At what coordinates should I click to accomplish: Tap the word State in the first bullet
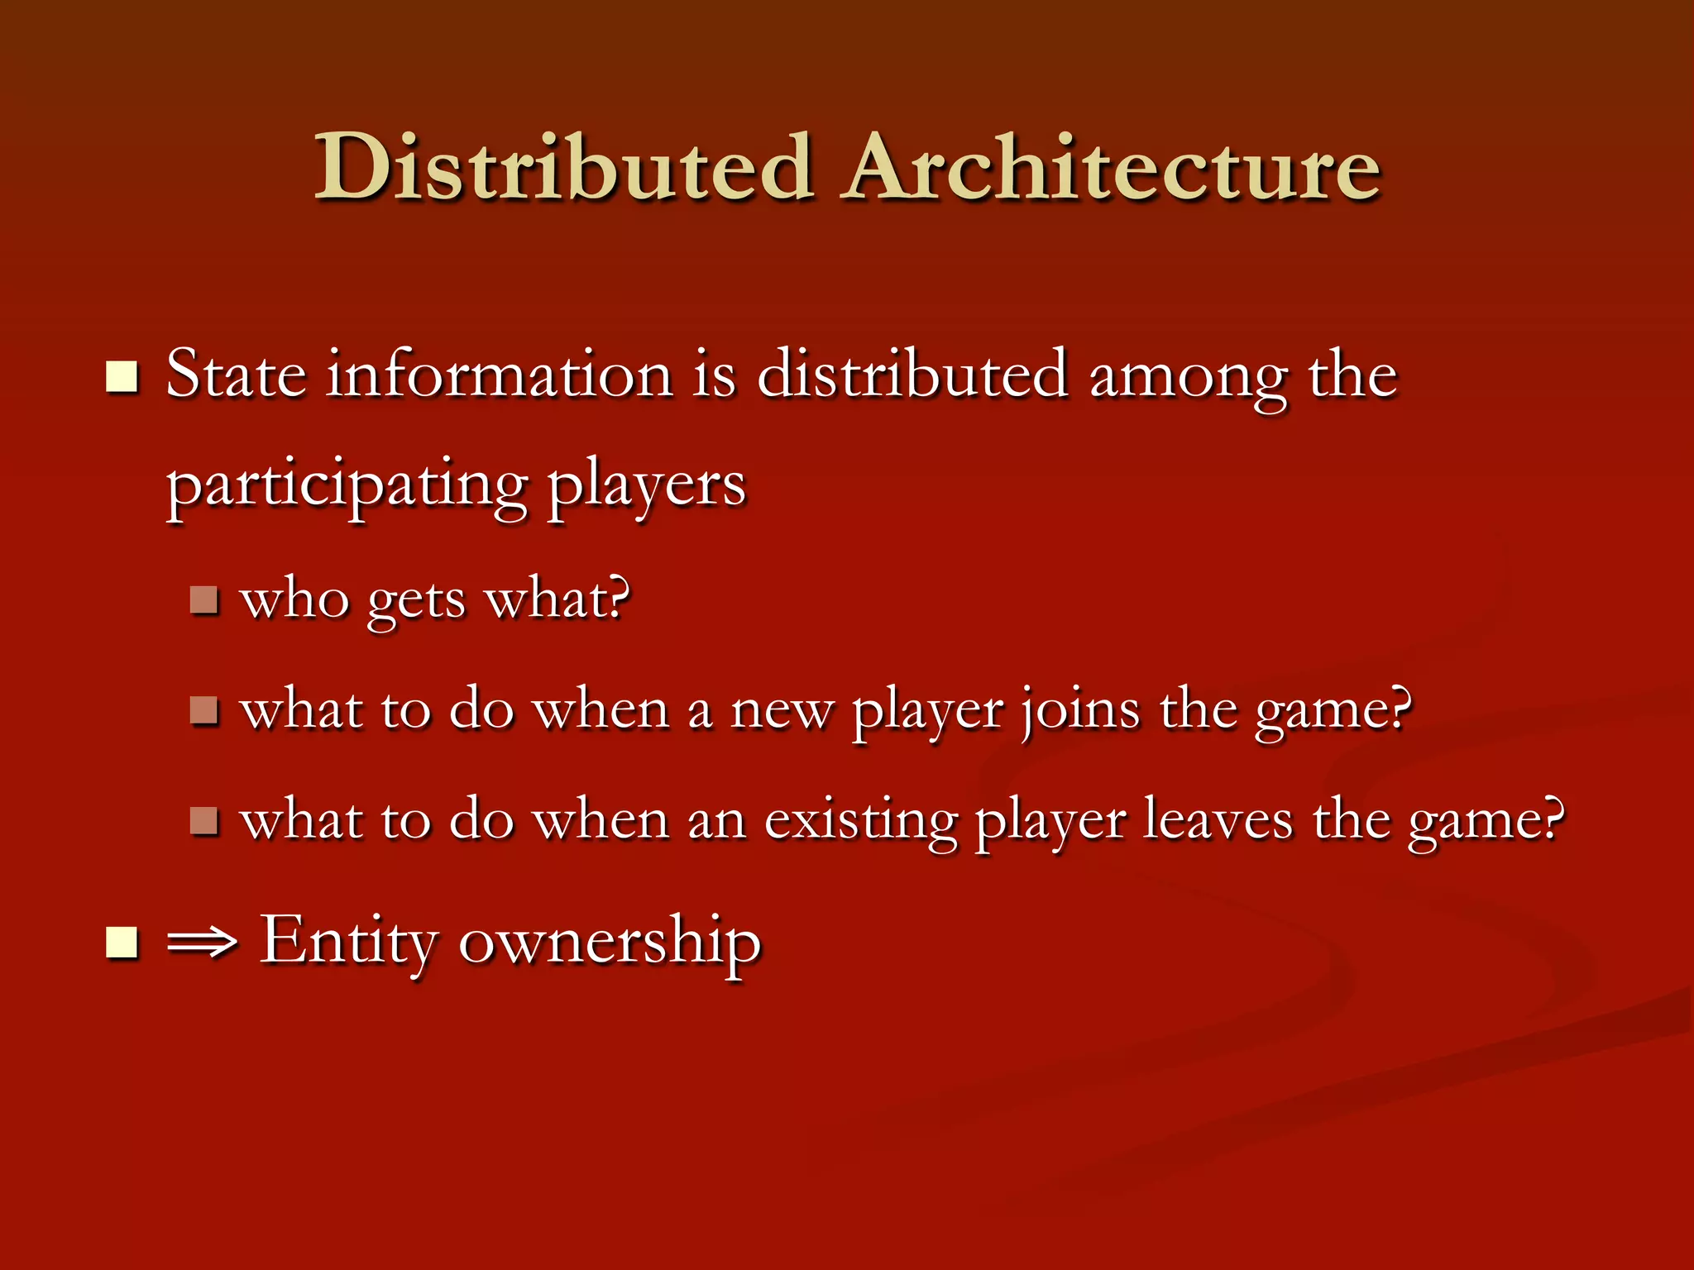[236, 375]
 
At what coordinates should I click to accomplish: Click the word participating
[347, 486]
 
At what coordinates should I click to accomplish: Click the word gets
[416, 601]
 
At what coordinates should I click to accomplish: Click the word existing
[860, 823]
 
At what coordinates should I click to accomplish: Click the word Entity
[348, 942]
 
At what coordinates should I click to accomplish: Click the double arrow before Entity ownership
[202, 943]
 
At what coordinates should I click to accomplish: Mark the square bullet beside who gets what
[203, 599]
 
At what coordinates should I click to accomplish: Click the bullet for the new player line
[203, 709]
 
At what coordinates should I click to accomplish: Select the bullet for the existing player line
[203, 820]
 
